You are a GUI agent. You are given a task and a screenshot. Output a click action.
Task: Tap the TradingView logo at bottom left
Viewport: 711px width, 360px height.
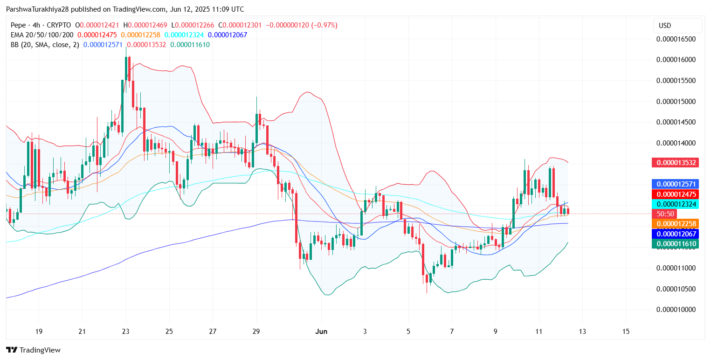click(33, 350)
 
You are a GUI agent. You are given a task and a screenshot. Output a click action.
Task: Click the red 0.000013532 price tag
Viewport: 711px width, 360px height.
click(676, 163)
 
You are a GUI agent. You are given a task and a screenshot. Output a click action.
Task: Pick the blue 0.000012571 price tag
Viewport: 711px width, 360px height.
click(676, 184)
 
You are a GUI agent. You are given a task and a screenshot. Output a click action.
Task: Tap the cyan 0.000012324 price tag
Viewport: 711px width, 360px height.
click(676, 204)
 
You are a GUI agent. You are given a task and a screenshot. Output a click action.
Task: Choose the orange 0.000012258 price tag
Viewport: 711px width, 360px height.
click(676, 224)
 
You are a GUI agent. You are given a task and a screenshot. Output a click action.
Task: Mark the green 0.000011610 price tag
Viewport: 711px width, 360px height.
click(676, 243)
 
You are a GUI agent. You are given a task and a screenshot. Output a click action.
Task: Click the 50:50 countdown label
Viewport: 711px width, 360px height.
click(666, 214)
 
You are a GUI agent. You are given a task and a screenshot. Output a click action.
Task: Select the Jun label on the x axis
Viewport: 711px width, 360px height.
click(321, 332)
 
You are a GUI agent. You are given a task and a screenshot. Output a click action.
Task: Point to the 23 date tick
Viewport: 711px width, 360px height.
click(125, 332)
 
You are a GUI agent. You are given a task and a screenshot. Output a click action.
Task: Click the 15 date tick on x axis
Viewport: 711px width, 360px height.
click(626, 332)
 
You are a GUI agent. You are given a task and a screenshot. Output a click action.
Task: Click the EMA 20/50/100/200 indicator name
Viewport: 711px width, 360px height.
click(42, 35)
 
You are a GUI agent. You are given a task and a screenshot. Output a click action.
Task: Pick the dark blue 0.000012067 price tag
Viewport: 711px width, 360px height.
click(676, 234)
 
